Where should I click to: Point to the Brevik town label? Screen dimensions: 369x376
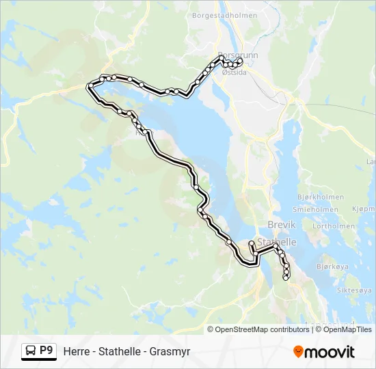[x=281, y=225]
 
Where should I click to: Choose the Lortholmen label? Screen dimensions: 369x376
[x=333, y=226]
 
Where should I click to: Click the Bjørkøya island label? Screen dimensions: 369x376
[x=333, y=267]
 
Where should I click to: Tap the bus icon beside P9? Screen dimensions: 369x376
[x=30, y=351]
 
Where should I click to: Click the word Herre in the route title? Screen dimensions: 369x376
[x=77, y=352]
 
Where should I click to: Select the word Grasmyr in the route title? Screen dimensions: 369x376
[x=171, y=352]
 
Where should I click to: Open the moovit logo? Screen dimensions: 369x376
[x=324, y=352]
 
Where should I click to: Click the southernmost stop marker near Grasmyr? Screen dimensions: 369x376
[x=286, y=277]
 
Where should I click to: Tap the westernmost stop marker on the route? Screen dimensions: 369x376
[x=89, y=86]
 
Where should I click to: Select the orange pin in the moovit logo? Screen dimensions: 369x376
[x=298, y=351]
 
